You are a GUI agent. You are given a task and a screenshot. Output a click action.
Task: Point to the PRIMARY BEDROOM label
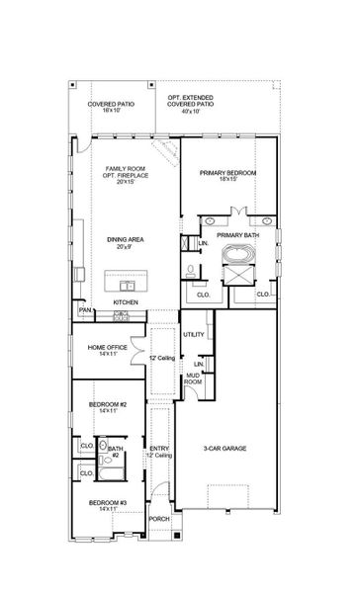point(228,173)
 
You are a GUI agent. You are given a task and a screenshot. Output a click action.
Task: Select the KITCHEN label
point(126,301)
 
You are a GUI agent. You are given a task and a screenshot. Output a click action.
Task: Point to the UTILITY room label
point(193,334)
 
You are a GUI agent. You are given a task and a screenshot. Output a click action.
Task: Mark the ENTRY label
point(159,447)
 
